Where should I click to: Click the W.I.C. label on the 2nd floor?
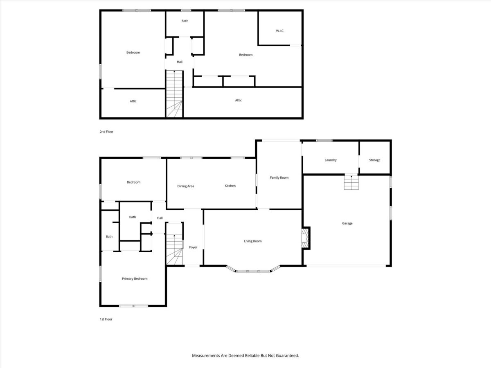(x=280, y=31)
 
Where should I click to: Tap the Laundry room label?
(x=331, y=160)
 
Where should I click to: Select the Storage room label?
(x=375, y=160)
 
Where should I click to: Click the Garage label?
(x=347, y=223)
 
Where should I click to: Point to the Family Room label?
(x=279, y=177)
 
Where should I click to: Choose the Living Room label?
(x=253, y=241)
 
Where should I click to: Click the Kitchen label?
(x=230, y=186)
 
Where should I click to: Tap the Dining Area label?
(x=186, y=186)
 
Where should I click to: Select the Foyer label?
(x=193, y=247)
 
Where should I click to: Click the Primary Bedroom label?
(x=135, y=278)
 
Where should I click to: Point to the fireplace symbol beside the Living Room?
(x=306, y=238)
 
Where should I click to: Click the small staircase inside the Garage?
(x=351, y=182)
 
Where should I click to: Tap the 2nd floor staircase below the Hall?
(x=174, y=94)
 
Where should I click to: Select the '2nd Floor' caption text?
(x=106, y=132)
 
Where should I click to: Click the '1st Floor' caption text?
(x=106, y=319)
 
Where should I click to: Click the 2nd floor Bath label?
(x=185, y=21)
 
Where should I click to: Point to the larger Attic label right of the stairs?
(x=238, y=100)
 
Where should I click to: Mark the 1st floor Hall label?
(x=160, y=218)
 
